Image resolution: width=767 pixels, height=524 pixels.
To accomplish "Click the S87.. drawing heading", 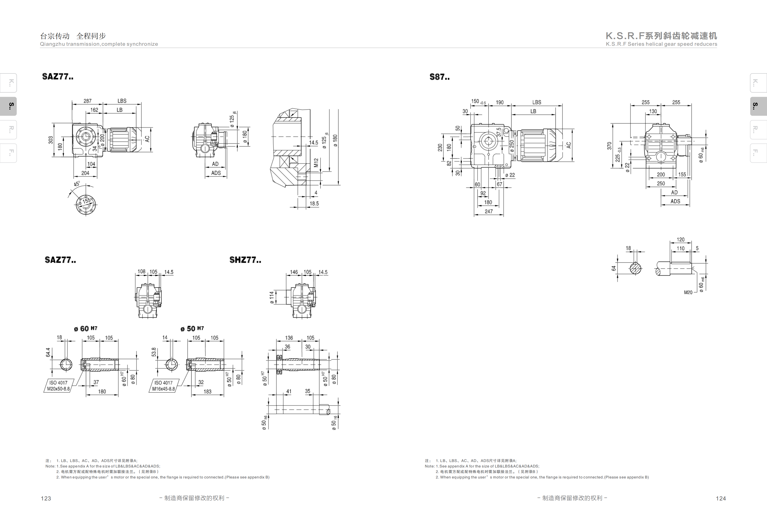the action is tap(439, 77).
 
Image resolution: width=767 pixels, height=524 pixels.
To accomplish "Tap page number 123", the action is tap(46, 498).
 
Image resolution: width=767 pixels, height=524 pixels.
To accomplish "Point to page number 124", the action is tap(721, 498).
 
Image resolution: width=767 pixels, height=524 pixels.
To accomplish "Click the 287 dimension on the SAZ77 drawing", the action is tap(87, 101).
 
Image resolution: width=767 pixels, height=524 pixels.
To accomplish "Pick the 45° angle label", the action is tap(77, 184).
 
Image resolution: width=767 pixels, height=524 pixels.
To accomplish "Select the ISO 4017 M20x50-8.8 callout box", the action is tap(58, 386).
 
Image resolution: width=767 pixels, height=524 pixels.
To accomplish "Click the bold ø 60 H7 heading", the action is tap(86, 328).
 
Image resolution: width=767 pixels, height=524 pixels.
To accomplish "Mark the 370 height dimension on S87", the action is tap(609, 146).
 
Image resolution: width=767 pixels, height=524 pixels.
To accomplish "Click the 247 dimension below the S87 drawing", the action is tap(489, 211).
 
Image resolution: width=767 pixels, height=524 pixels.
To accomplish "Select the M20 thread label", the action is tap(688, 292).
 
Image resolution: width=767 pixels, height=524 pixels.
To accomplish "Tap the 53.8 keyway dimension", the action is tap(154, 352).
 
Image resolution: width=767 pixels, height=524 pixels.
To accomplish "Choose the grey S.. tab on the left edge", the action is tap(9, 106).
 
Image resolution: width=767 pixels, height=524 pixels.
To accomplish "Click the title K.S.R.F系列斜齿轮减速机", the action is tap(661, 36).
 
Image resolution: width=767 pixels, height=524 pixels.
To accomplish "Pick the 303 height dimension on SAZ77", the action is tap(51, 140).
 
